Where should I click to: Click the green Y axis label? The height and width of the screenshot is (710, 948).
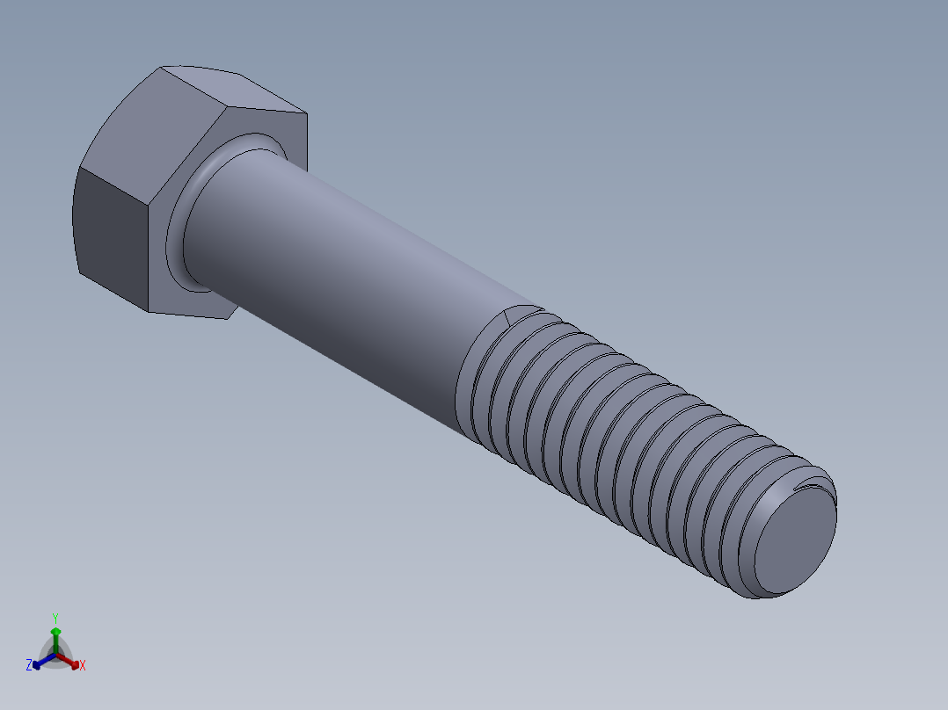[x=55, y=618]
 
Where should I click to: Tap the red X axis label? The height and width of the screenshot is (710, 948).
[x=83, y=666]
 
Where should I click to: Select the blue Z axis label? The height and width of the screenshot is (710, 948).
[x=29, y=666]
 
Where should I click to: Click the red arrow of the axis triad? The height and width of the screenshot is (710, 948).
[x=72, y=661]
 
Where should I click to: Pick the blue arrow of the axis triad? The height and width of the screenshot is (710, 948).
[x=40, y=662]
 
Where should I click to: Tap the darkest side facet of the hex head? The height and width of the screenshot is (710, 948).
[x=110, y=233]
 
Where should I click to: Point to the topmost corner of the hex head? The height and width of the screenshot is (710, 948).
[x=164, y=67]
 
